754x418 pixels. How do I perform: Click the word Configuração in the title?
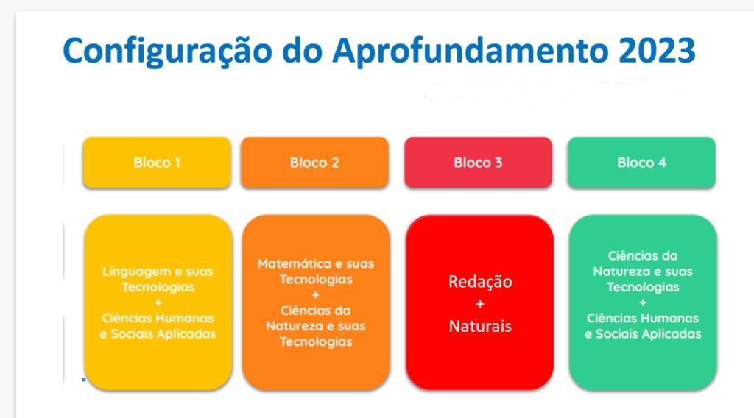(x=167, y=52)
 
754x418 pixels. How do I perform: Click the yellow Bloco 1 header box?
(x=157, y=163)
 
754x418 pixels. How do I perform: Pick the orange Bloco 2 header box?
(x=314, y=163)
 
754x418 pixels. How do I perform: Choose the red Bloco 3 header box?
(x=478, y=163)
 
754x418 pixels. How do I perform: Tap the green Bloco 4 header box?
(x=641, y=163)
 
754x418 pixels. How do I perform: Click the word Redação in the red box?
(x=480, y=282)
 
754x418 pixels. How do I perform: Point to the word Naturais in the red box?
(x=480, y=326)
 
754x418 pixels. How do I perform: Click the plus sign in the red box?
(x=480, y=304)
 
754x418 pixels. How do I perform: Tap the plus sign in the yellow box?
(x=158, y=302)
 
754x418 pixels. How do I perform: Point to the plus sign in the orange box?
(x=316, y=295)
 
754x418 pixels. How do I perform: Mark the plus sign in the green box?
(x=643, y=302)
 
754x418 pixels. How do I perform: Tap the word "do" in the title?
(x=302, y=50)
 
